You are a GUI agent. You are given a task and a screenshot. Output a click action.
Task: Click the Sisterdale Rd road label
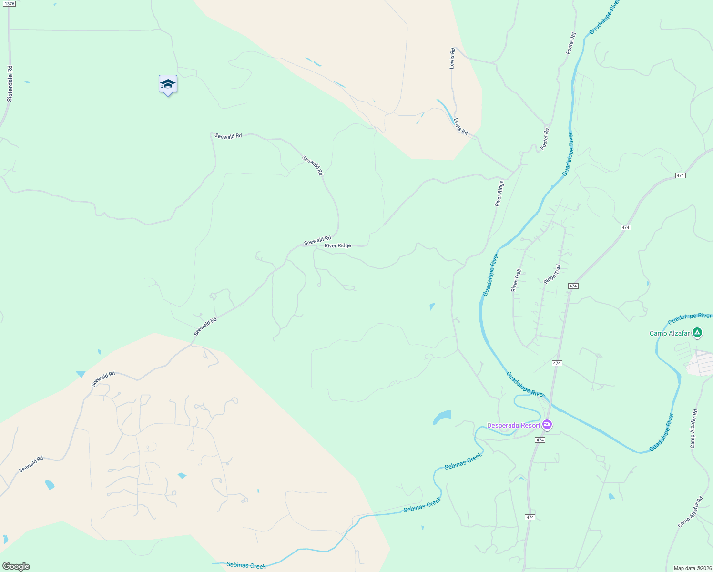10,83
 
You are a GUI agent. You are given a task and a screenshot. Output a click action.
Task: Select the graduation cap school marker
168,85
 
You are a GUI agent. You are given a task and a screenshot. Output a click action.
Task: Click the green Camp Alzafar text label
669,333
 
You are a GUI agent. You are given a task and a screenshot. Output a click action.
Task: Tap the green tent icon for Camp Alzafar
697,332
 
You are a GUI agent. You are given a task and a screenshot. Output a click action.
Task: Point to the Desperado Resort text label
513,425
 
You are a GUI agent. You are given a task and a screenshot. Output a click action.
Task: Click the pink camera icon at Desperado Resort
547,424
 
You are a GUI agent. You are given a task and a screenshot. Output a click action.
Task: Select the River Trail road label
516,280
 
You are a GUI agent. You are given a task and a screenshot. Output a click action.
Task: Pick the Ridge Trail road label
552,274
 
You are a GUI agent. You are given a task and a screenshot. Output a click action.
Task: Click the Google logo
16,566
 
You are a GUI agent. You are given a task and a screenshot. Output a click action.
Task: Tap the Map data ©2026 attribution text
692,568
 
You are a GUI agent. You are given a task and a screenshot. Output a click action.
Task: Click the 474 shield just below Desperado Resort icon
540,440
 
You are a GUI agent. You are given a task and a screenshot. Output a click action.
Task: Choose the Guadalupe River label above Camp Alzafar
690,318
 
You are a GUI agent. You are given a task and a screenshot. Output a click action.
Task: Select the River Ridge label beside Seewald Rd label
337,246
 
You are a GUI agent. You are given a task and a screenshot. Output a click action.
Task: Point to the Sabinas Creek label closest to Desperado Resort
463,461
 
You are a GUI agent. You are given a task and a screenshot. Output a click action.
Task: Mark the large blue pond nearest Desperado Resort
442,417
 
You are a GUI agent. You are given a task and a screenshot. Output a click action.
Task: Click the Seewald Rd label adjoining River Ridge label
317,241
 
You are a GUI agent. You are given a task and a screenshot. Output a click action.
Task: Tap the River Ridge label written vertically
499,194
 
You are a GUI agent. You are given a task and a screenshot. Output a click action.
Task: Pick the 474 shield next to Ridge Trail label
573,286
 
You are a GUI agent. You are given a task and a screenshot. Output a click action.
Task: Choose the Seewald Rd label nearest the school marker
228,136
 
